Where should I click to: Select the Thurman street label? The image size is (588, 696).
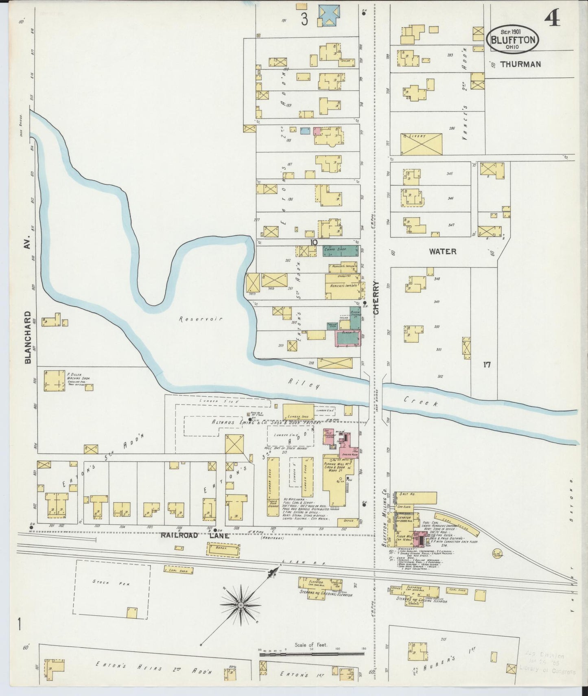click(520, 64)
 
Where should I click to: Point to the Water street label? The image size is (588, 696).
click(443, 252)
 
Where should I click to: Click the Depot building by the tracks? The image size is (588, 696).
click(224, 550)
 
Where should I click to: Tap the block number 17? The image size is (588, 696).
click(487, 365)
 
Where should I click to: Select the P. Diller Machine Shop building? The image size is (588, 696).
click(55, 381)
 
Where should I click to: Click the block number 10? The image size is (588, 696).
click(313, 242)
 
